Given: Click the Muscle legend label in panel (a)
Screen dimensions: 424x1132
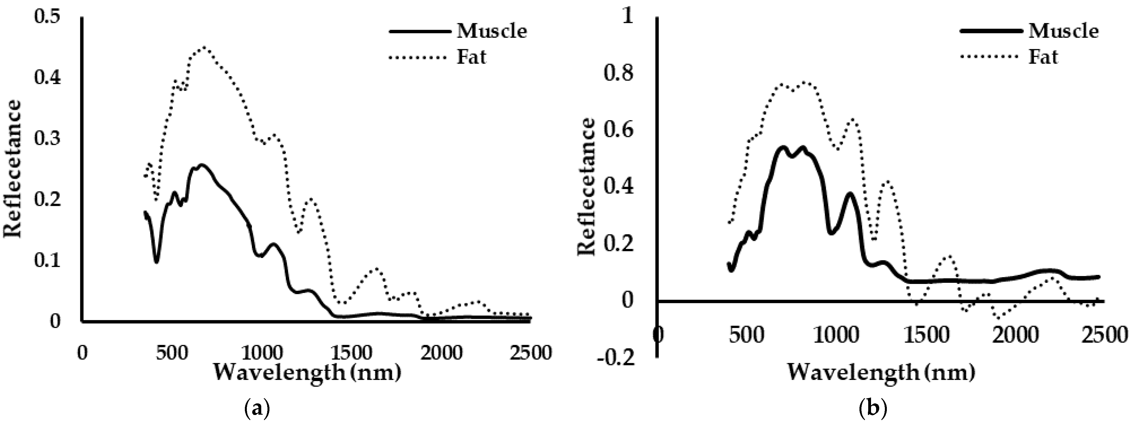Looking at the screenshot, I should click(492, 31).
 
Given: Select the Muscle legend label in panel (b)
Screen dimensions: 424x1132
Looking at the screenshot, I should click(1063, 31).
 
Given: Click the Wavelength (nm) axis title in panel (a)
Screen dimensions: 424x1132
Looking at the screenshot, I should click(308, 373).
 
